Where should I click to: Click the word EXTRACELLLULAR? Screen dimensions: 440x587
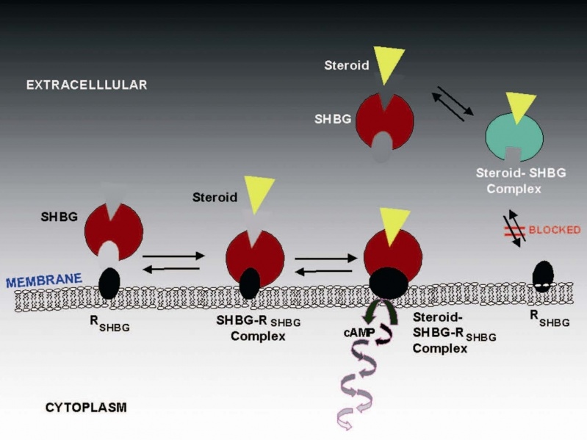click(87, 84)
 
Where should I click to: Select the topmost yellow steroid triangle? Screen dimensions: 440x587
click(389, 60)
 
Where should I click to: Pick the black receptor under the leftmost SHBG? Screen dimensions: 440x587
click(109, 282)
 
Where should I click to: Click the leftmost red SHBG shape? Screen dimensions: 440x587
click(113, 231)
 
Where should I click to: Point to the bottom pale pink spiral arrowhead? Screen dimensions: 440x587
click(344, 421)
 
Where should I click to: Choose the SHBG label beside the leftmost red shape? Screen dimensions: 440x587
click(60, 217)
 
